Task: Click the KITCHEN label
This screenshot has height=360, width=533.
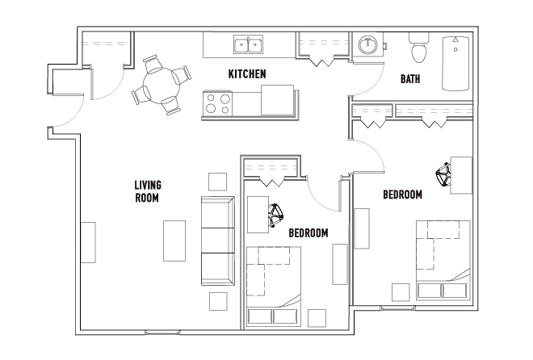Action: click(247, 74)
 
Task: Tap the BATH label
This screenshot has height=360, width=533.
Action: click(410, 79)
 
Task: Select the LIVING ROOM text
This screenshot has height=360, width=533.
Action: click(148, 191)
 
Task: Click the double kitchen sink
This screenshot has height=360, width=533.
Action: click(248, 44)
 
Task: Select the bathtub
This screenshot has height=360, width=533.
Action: click(455, 64)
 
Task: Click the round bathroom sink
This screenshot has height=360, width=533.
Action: click(368, 45)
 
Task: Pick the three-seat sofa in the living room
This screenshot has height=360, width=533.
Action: click(218, 241)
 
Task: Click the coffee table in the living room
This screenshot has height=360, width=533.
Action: click(174, 241)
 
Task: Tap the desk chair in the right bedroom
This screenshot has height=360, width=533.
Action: click(443, 174)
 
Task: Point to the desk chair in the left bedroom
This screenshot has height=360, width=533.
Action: click(275, 216)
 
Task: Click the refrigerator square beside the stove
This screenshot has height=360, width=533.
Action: click(277, 100)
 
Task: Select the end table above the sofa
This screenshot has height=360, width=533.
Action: click(217, 182)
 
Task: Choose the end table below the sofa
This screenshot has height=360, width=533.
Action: click(218, 301)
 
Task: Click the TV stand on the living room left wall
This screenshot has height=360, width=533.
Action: click(88, 242)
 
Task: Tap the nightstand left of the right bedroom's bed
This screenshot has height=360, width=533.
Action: click(401, 292)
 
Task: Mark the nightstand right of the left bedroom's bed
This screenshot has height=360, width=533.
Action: click(317, 318)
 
